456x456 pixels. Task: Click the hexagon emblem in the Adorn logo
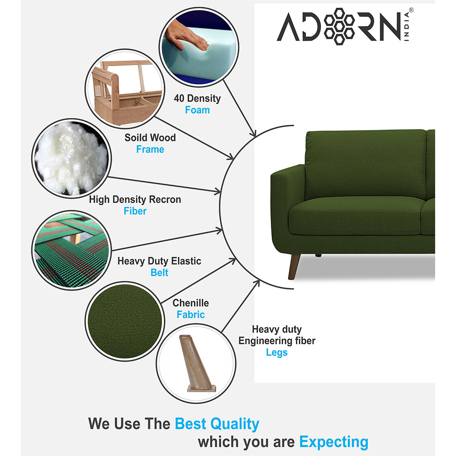(339, 26)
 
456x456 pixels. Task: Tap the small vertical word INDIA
(407, 27)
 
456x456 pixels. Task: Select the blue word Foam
(197, 110)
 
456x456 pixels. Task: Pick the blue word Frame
(150, 149)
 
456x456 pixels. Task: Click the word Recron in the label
(165, 200)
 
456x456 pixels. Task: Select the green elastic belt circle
(72, 250)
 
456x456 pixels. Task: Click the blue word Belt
(159, 273)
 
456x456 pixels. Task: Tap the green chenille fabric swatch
(125, 321)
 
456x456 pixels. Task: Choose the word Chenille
(191, 303)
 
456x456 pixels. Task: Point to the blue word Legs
(277, 352)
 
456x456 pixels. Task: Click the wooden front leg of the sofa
(293, 267)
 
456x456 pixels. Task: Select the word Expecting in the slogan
(334, 442)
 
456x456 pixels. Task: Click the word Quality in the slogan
(235, 424)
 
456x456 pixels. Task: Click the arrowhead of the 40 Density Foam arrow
(253, 134)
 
